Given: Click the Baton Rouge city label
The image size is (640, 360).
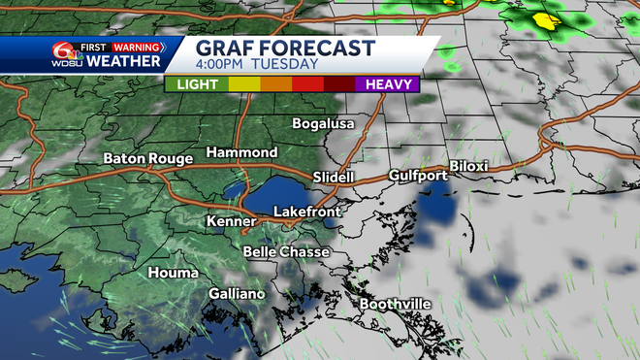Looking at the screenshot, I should tap(147, 157).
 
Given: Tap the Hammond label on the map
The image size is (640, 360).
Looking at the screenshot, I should tap(241, 153).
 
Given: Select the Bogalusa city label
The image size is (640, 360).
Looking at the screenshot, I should tap(325, 124).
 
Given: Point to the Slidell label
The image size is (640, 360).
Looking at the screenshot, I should tap(336, 178).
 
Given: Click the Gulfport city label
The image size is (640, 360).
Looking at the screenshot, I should tap(418, 176).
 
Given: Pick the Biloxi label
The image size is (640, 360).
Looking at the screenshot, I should tap(469, 167).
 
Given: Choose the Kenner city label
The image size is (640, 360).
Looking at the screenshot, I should tap(232, 222).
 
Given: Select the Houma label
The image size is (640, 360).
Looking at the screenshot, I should tap(173, 274).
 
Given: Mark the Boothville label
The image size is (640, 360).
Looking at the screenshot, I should tap(396, 305).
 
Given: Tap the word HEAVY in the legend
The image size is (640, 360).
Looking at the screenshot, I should tap(388, 84).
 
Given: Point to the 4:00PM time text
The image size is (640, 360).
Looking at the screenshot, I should tap(221, 65).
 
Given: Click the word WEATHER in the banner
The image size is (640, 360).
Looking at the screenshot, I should tap(122, 62).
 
